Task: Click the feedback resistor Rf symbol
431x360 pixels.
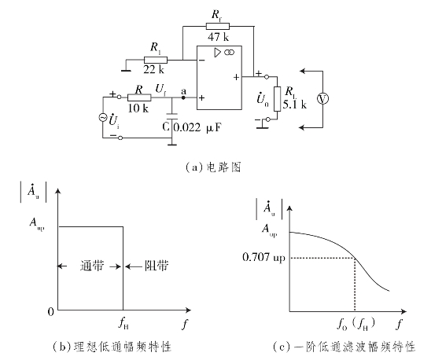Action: pyautogui.click(x=217, y=27)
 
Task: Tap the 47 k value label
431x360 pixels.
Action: pyautogui.click(x=218, y=37)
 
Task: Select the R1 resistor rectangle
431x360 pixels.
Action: pyautogui.click(x=156, y=60)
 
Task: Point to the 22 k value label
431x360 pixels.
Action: pyautogui.click(x=153, y=69)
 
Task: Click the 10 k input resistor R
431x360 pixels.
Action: pyautogui.click(x=139, y=97)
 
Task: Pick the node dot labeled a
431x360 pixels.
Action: pyautogui.click(x=183, y=97)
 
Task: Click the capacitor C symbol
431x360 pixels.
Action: pyautogui.click(x=172, y=116)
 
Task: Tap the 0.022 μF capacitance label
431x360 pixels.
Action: pyautogui.click(x=197, y=127)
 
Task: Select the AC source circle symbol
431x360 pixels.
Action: pyautogui.click(x=103, y=118)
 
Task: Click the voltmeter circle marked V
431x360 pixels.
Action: pyautogui.click(x=322, y=99)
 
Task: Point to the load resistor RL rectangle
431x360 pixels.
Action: pyautogui.click(x=277, y=99)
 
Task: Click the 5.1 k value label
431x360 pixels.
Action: pyautogui.click(x=294, y=105)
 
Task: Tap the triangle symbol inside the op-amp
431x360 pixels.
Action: pyautogui.click(x=218, y=53)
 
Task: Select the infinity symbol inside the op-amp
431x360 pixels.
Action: pyautogui.click(x=229, y=52)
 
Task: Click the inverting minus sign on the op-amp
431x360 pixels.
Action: pyautogui.click(x=202, y=61)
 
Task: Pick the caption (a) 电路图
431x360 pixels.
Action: pyautogui.click(x=213, y=167)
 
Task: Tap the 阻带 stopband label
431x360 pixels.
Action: pyautogui.click(x=157, y=266)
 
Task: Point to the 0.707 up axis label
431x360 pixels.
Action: pyautogui.click(x=263, y=258)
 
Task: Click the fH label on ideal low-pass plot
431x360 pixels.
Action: pyautogui.click(x=123, y=323)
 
